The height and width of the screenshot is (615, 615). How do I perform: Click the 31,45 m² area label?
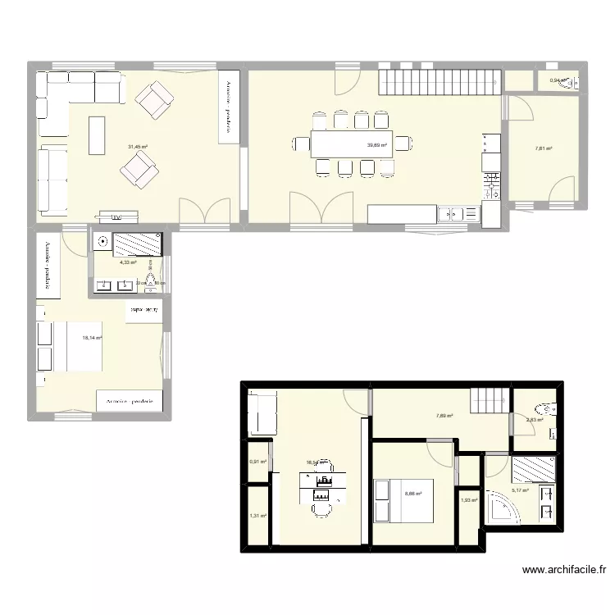(137, 148)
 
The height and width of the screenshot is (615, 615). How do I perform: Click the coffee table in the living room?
(98, 135)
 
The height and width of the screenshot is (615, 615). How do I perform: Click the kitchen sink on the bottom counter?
(450, 215)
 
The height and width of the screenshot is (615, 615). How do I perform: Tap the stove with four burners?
(491, 184)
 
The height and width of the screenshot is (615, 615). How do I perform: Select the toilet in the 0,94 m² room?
(572, 81)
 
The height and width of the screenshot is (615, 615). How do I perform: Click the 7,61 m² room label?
(544, 149)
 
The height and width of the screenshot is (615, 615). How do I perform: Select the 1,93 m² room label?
(468, 500)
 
